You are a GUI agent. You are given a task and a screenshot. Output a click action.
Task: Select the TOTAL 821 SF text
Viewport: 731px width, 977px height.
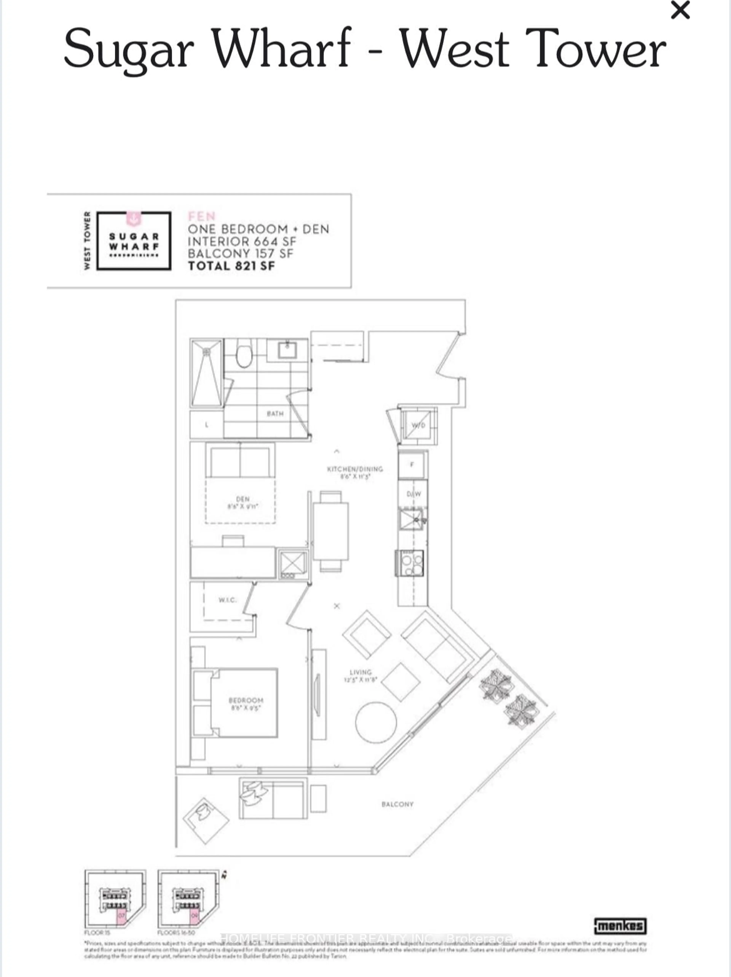231,266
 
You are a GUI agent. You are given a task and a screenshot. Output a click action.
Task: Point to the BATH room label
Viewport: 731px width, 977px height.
275,413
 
